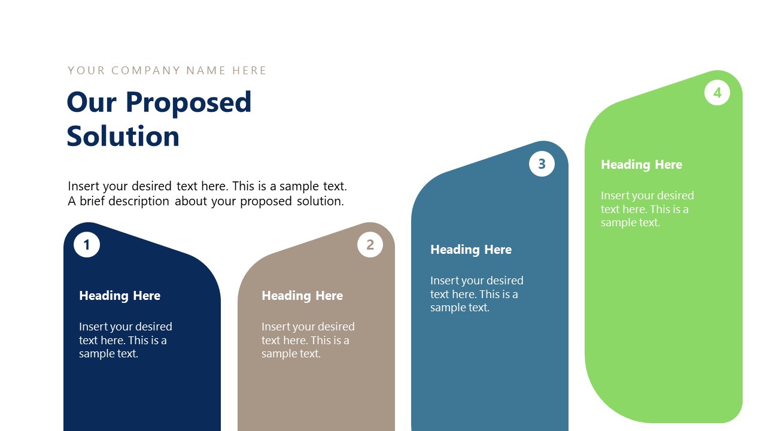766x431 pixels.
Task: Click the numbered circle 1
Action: click(x=87, y=245)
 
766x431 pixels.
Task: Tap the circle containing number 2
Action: click(x=370, y=245)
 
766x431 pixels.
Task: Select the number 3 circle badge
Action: click(x=542, y=164)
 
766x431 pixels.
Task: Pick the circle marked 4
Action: click(x=717, y=93)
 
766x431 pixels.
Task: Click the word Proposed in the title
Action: click(x=189, y=102)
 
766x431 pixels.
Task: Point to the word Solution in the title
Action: click(x=123, y=136)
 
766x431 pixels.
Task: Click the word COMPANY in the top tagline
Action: click(x=146, y=71)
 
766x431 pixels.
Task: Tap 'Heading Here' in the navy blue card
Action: click(x=120, y=296)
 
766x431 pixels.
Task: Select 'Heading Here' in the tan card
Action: click(x=302, y=296)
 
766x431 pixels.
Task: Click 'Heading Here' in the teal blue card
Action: click(x=471, y=250)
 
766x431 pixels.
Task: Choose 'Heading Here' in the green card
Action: click(x=642, y=165)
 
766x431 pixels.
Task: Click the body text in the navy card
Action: click(x=125, y=340)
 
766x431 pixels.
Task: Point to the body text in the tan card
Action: click(x=308, y=340)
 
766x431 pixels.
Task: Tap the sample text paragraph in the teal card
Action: click(x=476, y=294)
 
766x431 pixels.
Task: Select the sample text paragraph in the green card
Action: click(x=647, y=209)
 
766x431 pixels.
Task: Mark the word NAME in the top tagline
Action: click(x=206, y=71)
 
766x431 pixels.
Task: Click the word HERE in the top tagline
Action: click(x=250, y=71)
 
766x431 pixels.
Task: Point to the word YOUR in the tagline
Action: click(x=86, y=71)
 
